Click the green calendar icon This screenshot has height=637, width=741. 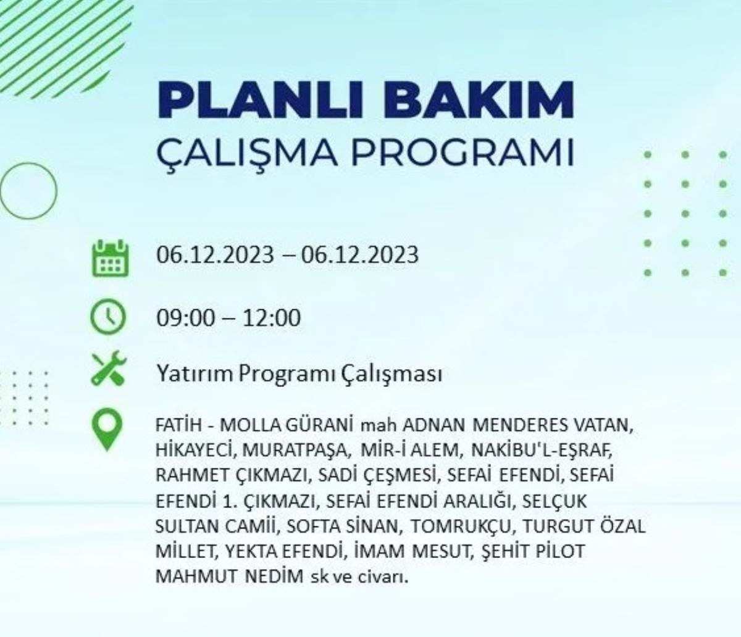pos(111,259)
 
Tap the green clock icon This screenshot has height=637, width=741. pos(108,317)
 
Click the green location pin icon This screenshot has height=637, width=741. pos(107,429)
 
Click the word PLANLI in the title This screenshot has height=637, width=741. pos(261,101)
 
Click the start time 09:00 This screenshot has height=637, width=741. pos(185,318)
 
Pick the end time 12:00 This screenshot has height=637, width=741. pos(271,318)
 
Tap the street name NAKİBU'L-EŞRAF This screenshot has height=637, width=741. pos(542,451)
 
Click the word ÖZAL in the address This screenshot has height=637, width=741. pos(622,525)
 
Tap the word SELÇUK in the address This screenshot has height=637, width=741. pos(555,501)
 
